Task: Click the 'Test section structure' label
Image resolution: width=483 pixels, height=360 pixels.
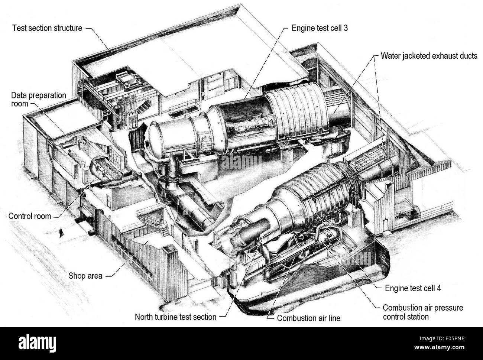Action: (x=47, y=28)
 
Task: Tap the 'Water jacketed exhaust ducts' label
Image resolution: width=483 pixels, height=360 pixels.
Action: (x=429, y=56)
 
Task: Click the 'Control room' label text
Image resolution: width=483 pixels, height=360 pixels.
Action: (x=29, y=216)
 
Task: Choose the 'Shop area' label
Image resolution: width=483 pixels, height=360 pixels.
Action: (x=85, y=276)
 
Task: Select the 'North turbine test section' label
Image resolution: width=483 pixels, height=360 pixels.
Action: (x=175, y=317)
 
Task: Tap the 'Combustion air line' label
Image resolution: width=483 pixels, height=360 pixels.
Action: (x=309, y=318)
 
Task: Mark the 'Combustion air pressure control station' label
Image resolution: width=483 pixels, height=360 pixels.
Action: (x=423, y=312)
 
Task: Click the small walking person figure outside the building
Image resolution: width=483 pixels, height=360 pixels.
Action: (x=60, y=233)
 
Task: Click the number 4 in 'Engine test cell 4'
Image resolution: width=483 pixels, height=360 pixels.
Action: (x=439, y=287)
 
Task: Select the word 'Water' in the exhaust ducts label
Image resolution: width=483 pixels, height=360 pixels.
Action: (x=390, y=56)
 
